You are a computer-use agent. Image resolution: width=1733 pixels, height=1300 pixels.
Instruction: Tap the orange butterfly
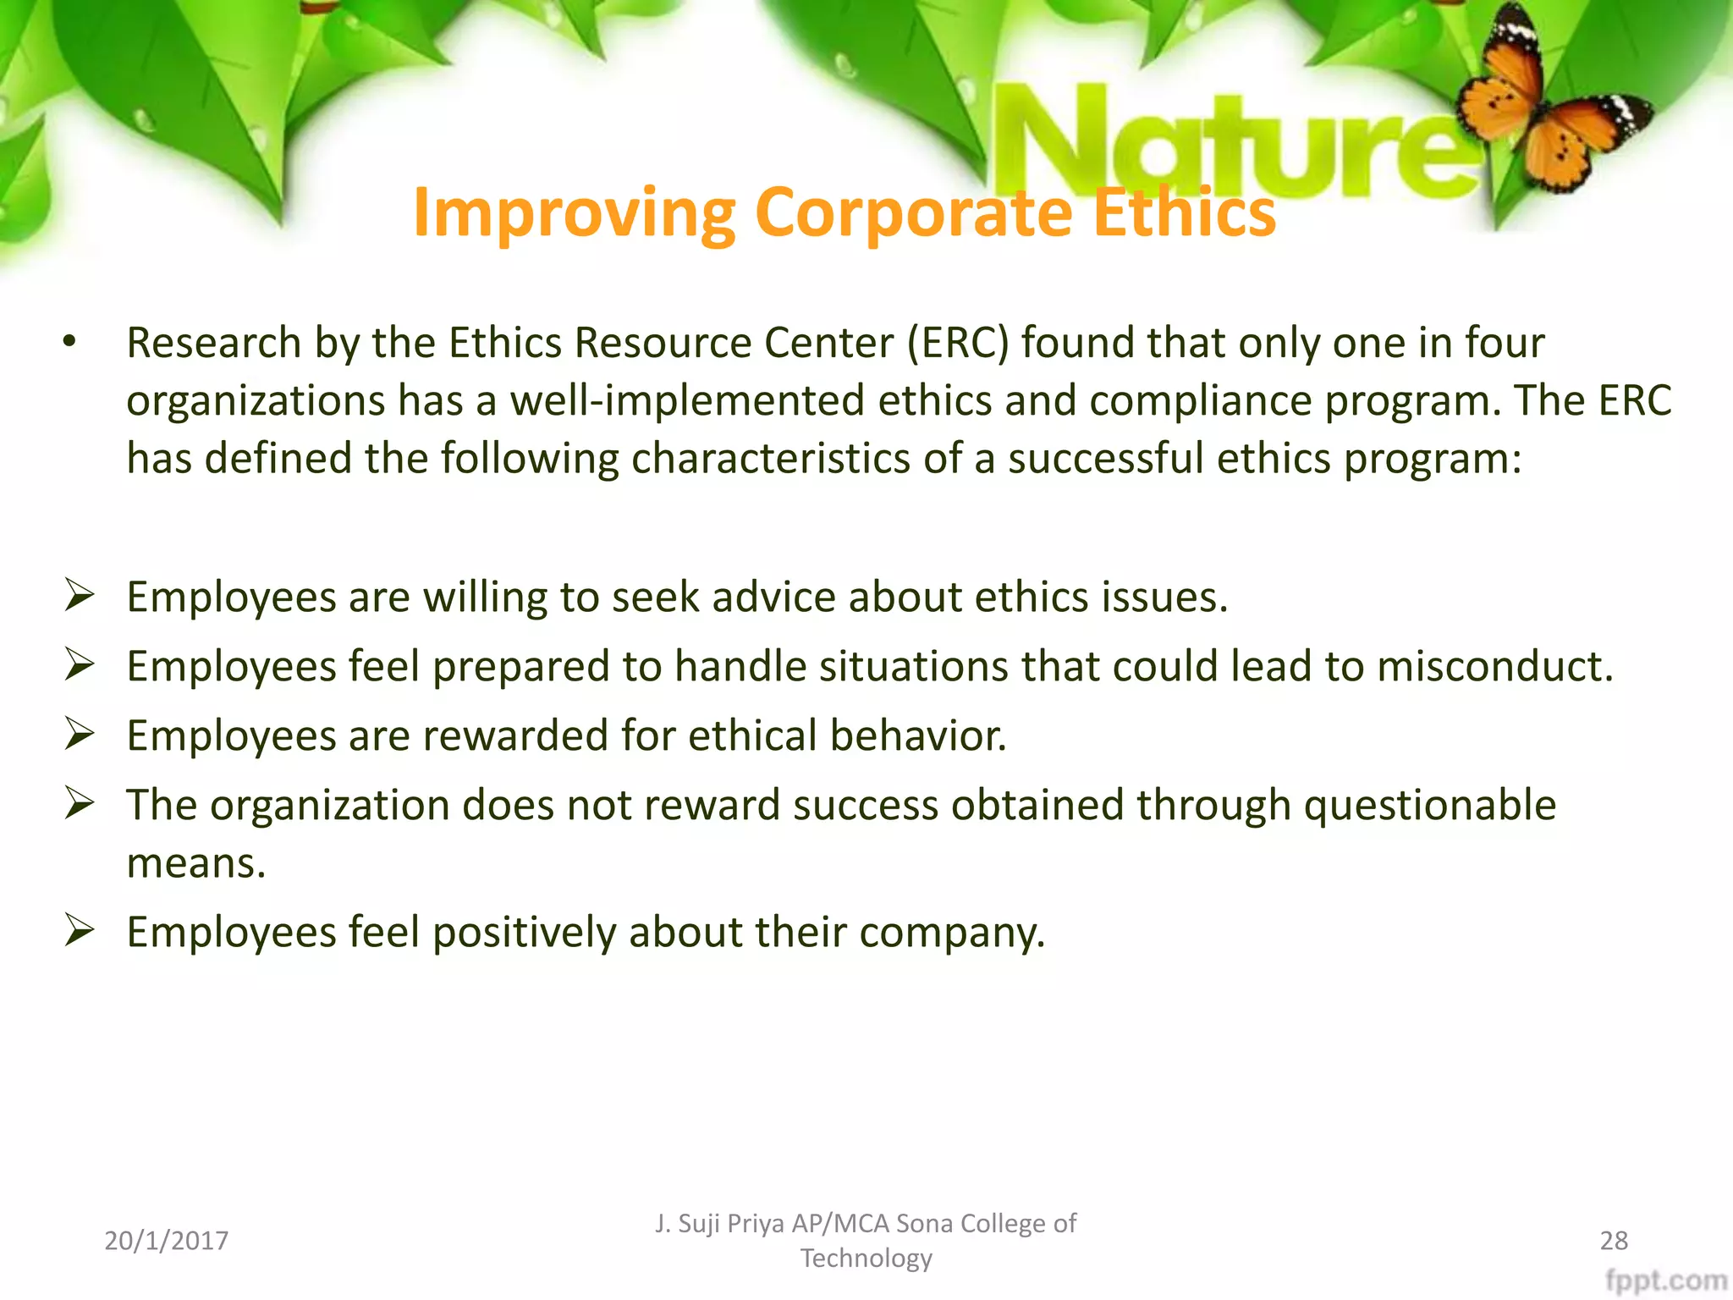tap(1549, 102)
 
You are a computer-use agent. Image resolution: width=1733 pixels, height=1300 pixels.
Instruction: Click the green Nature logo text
tap(1227, 144)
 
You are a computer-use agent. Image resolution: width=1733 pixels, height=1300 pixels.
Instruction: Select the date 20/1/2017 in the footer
tap(166, 1241)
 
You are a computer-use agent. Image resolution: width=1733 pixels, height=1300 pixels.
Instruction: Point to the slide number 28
tap(1614, 1241)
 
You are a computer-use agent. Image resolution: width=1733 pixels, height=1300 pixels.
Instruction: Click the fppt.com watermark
tap(1665, 1281)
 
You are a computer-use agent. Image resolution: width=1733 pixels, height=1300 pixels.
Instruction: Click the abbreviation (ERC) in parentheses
tap(958, 344)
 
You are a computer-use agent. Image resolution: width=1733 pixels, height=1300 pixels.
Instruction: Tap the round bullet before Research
tap(69, 343)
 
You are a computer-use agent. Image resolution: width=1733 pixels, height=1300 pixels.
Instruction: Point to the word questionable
tap(1429, 805)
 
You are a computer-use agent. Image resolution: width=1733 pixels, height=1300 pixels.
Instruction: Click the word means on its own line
tap(195, 864)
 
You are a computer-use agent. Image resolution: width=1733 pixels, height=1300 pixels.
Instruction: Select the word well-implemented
tap(686, 401)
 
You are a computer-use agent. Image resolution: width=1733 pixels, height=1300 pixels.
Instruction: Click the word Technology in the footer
tap(866, 1259)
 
